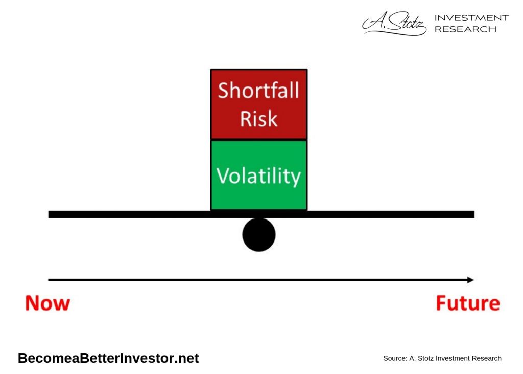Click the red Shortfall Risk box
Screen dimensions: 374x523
(x=259, y=104)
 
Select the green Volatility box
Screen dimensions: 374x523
(x=259, y=175)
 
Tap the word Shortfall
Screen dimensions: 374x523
(x=258, y=91)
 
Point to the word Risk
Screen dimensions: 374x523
(x=258, y=119)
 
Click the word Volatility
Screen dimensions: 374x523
(x=258, y=175)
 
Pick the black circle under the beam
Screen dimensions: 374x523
(x=259, y=235)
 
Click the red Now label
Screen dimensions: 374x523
(x=47, y=303)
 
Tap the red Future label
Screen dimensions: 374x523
(x=467, y=303)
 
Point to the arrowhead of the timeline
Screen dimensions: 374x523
(x=470, y=280)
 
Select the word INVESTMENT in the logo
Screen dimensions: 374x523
(x=471, y=18)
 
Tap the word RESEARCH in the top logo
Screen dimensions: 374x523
(x=465, y=29)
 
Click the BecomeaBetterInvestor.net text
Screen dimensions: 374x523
(x=108, y=358)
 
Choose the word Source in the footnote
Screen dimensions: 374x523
(x=394, y=358)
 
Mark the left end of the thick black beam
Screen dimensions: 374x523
(x=50, y=214)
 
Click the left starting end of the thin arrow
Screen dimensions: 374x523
(x=50, y=280)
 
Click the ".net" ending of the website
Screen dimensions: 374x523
(x=187, y=358)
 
